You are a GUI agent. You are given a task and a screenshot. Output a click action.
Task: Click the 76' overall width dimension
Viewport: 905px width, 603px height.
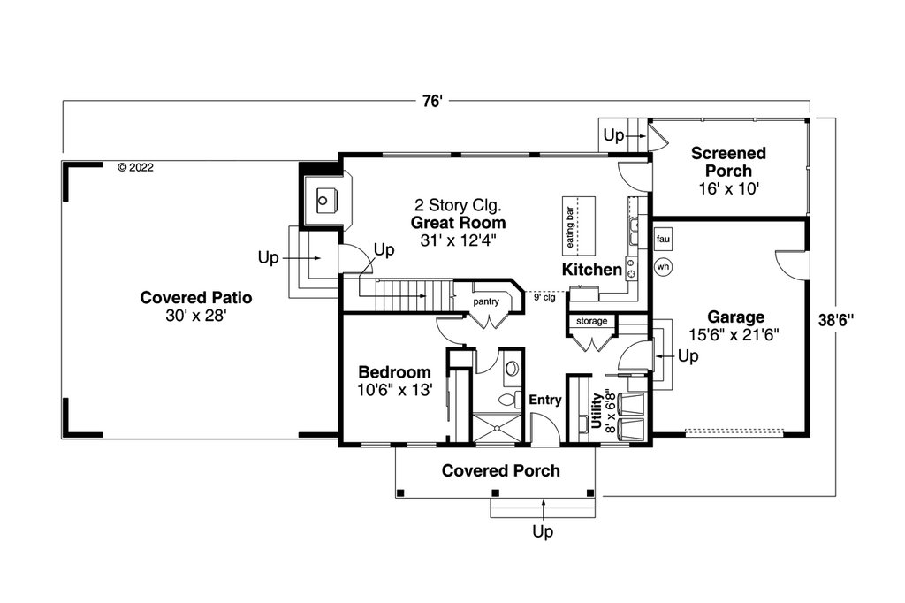pyautogui.click(x=431, y=102)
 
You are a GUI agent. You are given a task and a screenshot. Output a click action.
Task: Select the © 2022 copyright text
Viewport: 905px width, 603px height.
pyautogui.click(x=135, y=167)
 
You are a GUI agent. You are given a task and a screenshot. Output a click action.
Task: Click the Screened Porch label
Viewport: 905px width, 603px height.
pyautogui.click(x=728, y=162)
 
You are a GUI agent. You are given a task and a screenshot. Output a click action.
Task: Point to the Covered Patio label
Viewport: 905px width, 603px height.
pyautogui.click(x=196, y=297)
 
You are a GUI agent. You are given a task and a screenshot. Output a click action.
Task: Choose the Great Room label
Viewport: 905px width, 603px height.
pyautogui.click(x=459, y=223)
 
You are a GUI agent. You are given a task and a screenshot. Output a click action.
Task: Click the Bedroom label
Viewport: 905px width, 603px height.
pyautogui.click(x=395, y=372)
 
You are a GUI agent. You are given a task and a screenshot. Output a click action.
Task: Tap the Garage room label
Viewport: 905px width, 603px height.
pyautogui.click(x=736, y=317)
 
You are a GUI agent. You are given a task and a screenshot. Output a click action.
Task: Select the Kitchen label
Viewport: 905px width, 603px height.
pyautogui.click(x=591, y=269)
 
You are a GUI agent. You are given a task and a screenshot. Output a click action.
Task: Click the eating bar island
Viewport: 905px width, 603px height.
pyautogui.click(x=579, y=225)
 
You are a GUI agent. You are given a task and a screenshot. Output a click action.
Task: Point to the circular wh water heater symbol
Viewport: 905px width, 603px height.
pyautogui.click(x=663, y=267)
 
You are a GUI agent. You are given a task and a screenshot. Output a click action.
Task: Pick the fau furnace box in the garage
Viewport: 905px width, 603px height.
pyautogui.click(x=663, y=239)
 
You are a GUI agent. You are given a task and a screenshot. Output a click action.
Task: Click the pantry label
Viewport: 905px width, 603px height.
pyautogui.click(x=486, y=301)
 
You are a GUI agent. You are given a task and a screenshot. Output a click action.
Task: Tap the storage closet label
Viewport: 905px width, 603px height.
pyautogui.click(x=591, y=321)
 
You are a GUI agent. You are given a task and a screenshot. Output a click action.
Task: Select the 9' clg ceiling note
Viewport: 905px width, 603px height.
pyautogui.click(x=544, y=297)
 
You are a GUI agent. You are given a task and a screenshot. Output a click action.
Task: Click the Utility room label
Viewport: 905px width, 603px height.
pyautogui.click(x=597, y=410)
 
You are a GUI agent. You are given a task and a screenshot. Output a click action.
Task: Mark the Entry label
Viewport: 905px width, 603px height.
pyautogui.click(x=545, y=400)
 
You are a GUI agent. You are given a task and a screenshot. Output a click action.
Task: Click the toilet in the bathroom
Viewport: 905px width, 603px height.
pyautogui.click(x=508, y=399)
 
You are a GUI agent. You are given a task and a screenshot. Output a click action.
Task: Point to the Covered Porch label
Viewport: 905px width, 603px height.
pyautogui.click(x=501, y=470)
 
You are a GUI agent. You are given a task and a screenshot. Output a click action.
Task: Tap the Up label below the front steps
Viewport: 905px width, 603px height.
pyautogui.click(x=543, y=531)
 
